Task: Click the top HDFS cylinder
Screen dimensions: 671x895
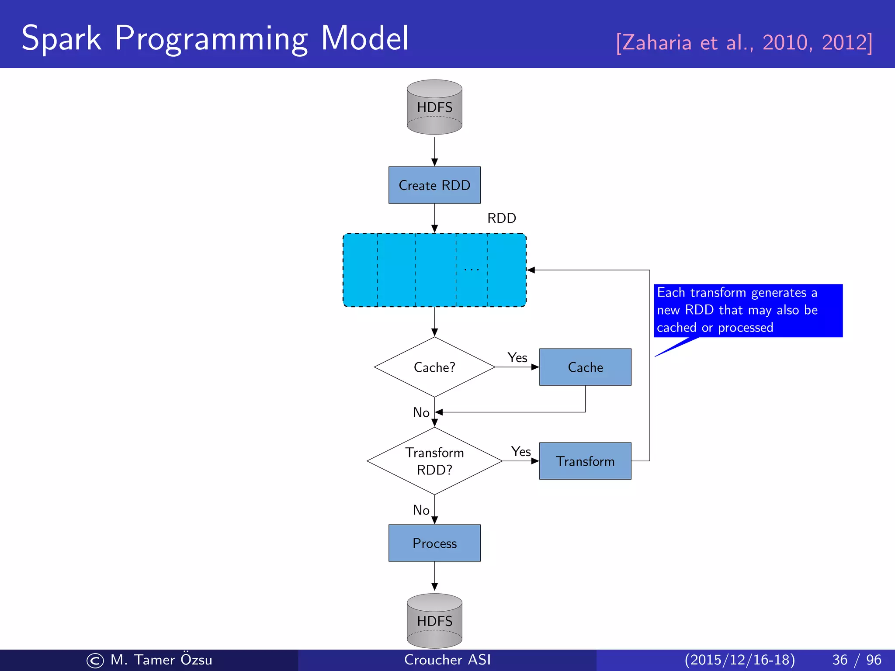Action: [x=434, y=107]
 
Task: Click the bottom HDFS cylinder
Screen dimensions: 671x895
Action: [x=434, y=621]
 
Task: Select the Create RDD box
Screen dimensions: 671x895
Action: [x=434, y=185]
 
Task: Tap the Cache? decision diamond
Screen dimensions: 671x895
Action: [x=434, y=367]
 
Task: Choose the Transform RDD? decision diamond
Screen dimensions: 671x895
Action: [x=434, y=461]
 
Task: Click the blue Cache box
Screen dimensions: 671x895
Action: [x=585, y=367]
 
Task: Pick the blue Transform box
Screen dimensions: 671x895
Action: [x=585, y=461]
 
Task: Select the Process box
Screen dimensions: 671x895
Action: [x=434, y=543]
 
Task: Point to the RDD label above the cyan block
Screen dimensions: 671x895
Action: [x=502, y=218]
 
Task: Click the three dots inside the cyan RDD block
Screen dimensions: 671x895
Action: [x=472, y=270]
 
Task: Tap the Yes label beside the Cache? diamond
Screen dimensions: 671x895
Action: [x=517, y=358]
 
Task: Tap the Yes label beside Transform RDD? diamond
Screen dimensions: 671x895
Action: [x=521, y=452]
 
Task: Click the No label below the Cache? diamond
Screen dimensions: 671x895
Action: [x=421, y=412]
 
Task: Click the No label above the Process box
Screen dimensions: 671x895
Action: [x=421, y=510]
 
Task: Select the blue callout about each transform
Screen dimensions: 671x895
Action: [x=748, y=310]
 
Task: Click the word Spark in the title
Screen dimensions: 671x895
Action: [x=62, y=38]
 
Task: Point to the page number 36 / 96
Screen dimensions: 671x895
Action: [x=857, y=660]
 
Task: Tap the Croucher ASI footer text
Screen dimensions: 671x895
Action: [x=447, y=660]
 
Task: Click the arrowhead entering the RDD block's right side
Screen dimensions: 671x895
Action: [x=531, y=270]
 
